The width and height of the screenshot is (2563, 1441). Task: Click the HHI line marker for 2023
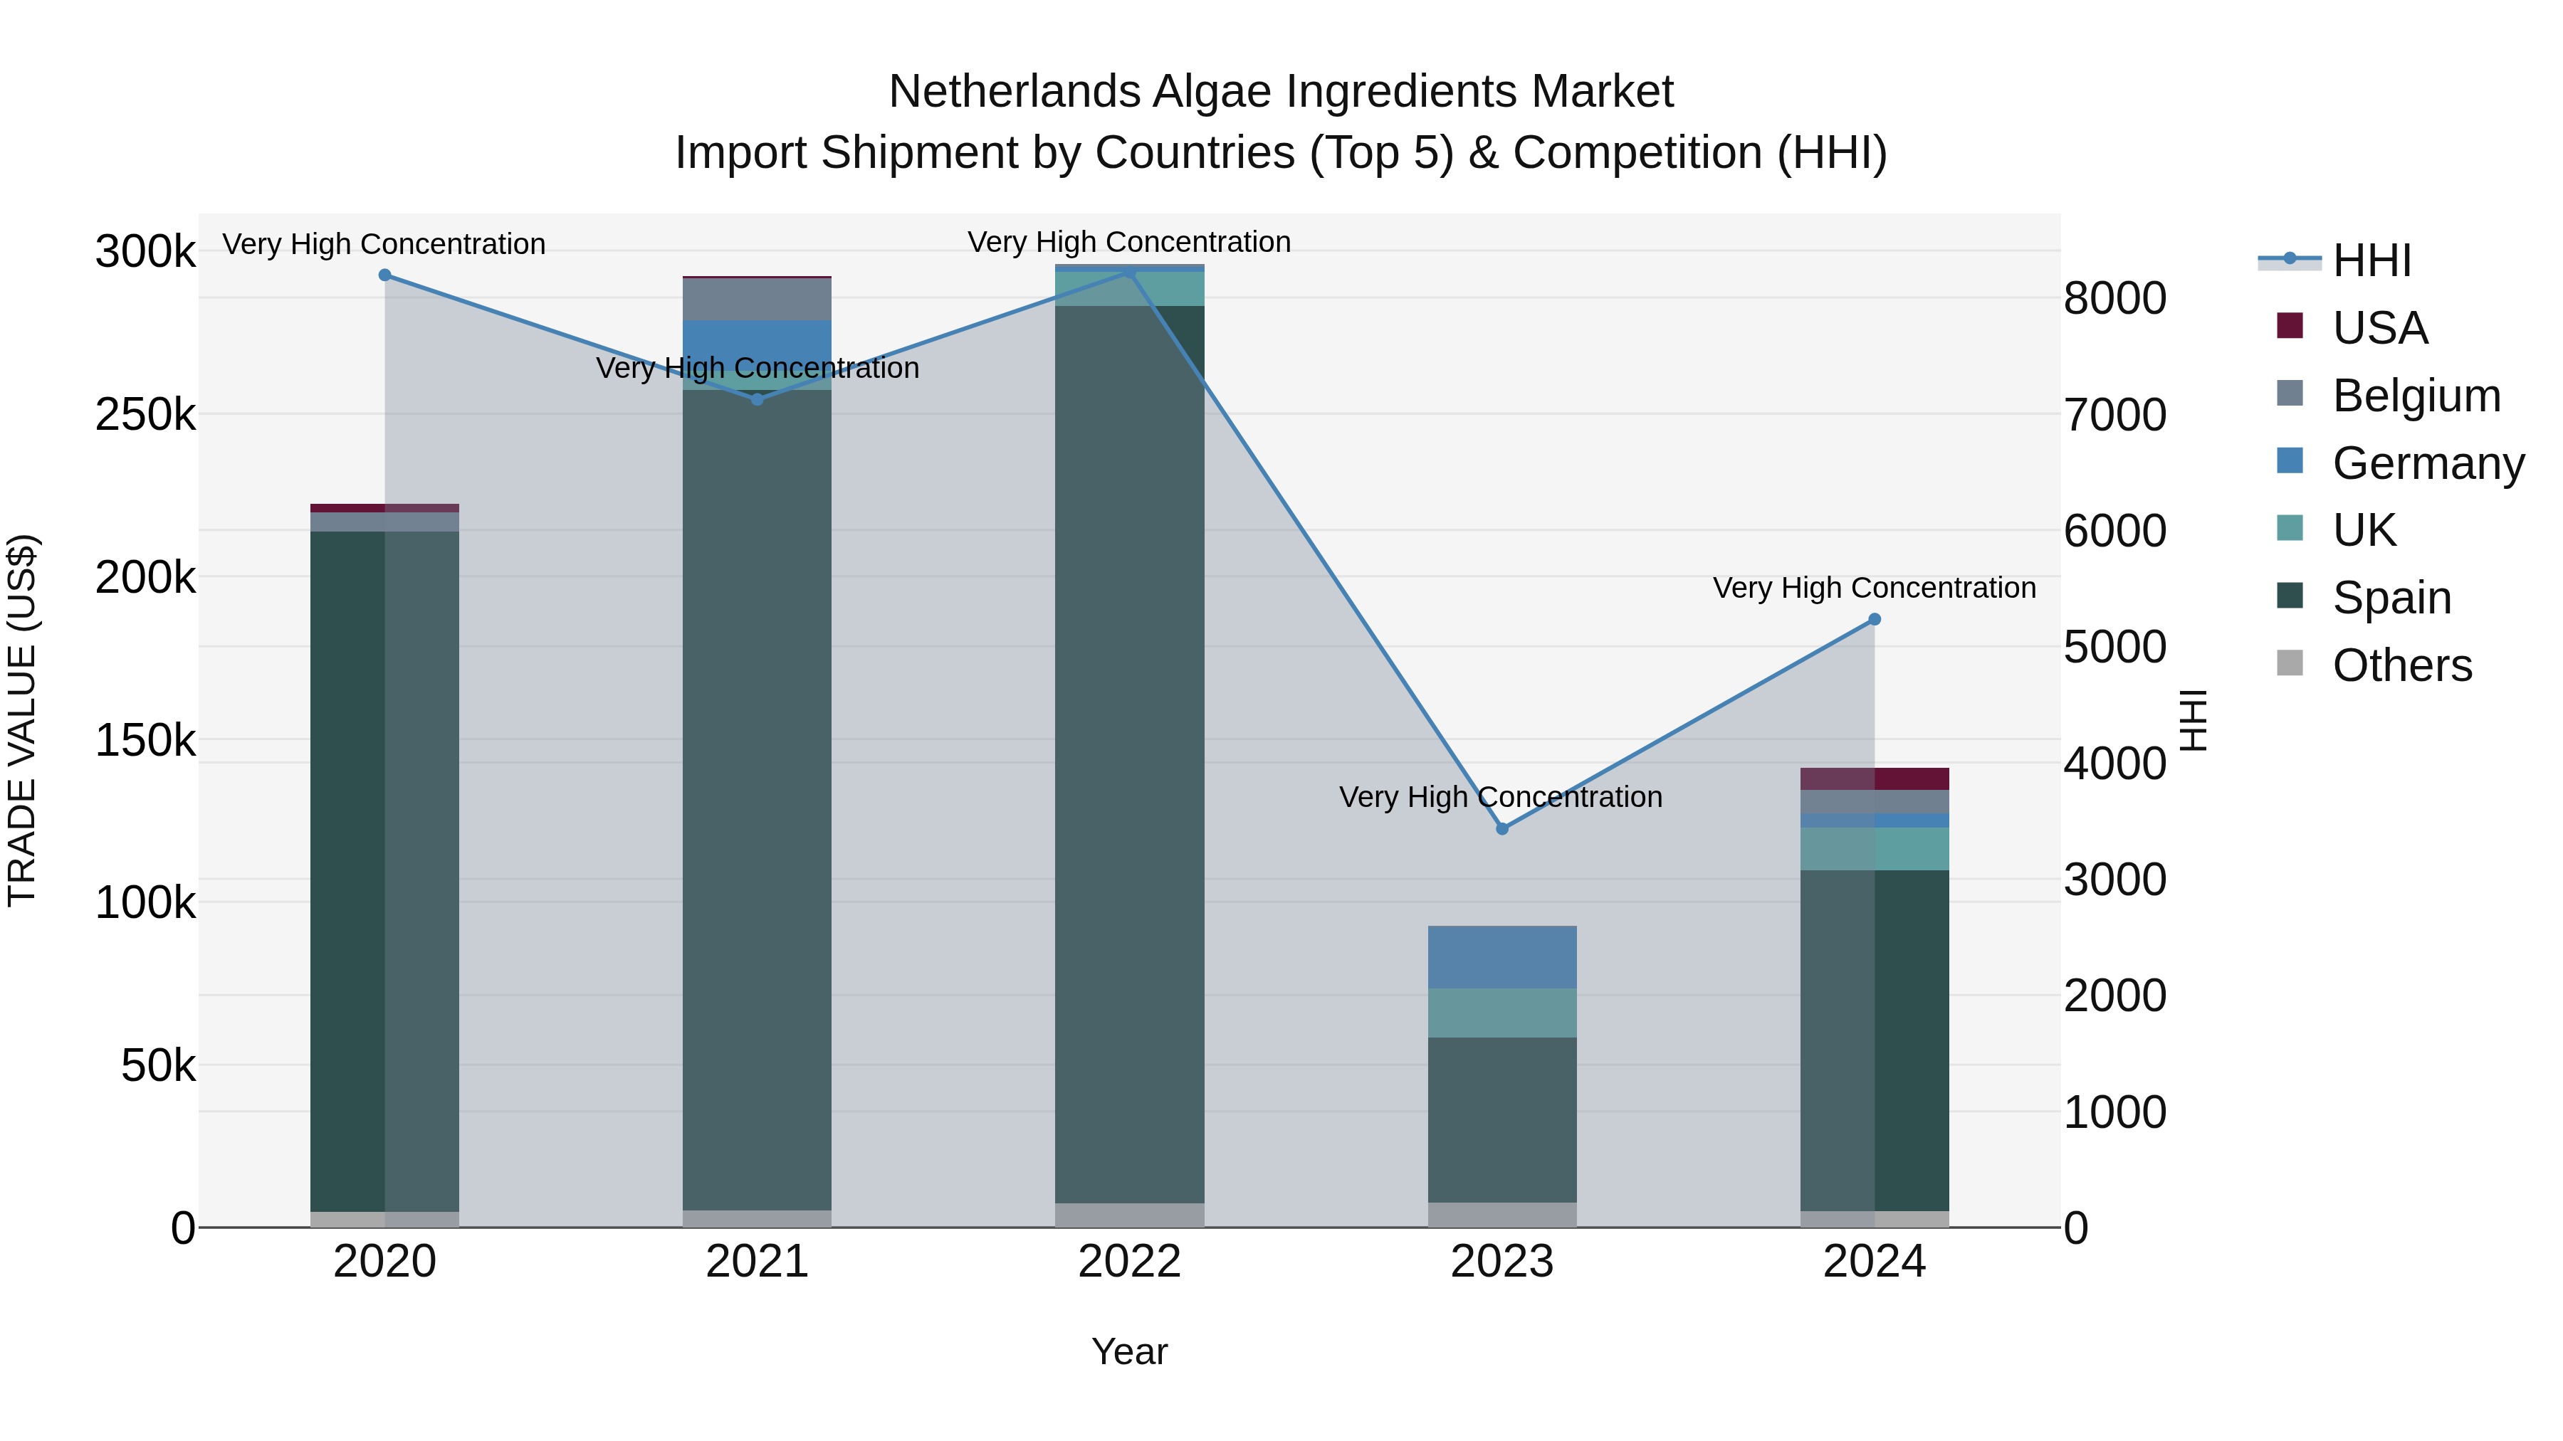(x=1502, y=828)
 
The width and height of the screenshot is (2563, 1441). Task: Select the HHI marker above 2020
(x=385, y=275)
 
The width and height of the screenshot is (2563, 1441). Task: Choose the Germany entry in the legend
(x=2428, y=463)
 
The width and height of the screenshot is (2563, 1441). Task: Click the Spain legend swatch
(x=2290, y=597)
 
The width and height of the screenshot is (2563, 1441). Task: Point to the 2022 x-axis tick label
(x=1129, y=1261)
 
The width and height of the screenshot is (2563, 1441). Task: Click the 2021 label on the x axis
(x=758, y=1261)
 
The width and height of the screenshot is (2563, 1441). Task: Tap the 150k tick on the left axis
(x=145, y=740)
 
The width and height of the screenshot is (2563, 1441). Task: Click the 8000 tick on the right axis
(x=2115, y=297)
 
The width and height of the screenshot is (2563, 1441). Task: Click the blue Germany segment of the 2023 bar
(x=1502, y=956)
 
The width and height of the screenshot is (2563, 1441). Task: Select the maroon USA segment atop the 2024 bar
(x=1875, y=778)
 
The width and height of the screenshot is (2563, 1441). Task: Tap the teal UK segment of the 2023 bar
(x=1502, y=1013)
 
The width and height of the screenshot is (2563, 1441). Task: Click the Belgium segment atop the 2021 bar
(x=758, y=298)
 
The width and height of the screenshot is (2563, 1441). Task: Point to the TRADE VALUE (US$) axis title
(x=23, y=720)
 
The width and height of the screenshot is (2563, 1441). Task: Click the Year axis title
(x=1129, y=1351)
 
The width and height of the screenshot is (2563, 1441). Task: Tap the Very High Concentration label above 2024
(x=1875, y=588)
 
